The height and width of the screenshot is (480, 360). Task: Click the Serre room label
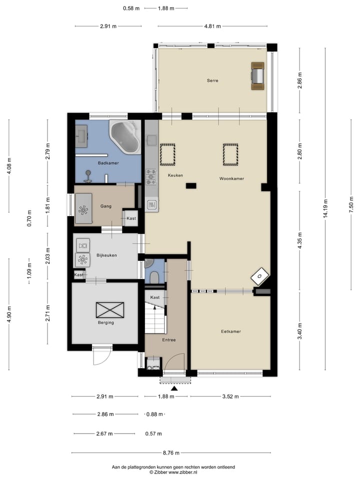coord(212,80)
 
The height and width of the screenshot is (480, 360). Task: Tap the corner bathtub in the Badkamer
coord(125,137)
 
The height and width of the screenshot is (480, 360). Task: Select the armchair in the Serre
coord(258,76)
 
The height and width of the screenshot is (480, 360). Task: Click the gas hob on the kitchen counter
coord(151,177)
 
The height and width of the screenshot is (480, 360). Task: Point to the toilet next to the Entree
coord(154,278)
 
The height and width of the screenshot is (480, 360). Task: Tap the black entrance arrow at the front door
coord(174,388)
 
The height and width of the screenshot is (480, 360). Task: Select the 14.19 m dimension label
coord(325,208)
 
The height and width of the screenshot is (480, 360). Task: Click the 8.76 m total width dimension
coord(171,453)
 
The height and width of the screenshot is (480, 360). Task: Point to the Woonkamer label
coord(231,178)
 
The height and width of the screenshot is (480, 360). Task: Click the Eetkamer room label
coord(231,331)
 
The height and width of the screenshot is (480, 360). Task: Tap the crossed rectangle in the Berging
coord(110,310)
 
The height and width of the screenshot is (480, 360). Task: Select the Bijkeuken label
coord(106,255)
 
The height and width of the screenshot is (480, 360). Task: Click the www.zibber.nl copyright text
coord(173,472)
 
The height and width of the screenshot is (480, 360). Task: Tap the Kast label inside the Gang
coord(131,218)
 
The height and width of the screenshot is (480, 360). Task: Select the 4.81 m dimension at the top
coord(212,26)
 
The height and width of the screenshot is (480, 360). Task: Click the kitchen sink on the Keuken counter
coord(152,140)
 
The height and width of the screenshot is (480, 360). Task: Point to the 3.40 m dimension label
coord(300,331)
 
